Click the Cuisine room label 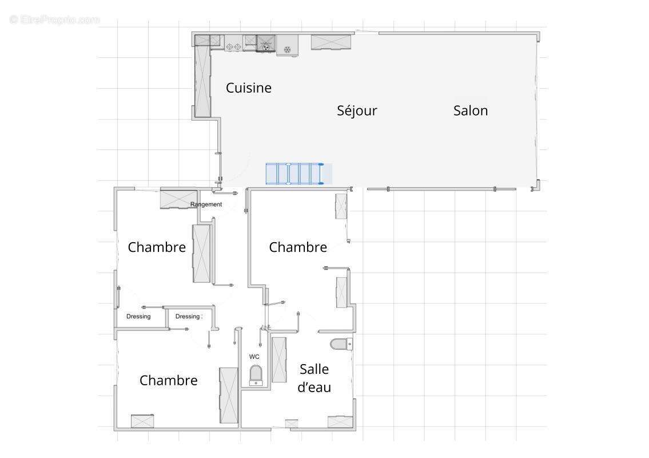pos(248,88)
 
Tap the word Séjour pos(357,110)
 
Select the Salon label pos(470,110)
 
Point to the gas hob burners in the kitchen pos(233,45)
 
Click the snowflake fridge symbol pos(288,49)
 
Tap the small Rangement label pos(206,204)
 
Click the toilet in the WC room pos(256,375)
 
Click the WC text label pos(254,357)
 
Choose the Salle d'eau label pos(314,378)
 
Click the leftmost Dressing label pos(138,317)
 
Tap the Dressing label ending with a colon pos(188,317)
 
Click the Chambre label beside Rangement pos(157,247)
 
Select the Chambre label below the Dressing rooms pos(168,380)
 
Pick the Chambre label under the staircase pos(297,247)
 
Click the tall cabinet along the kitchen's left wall pos(202,80)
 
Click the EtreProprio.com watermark pos(54,19)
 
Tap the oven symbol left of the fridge pos(265,44)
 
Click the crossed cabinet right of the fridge pos(331,42)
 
